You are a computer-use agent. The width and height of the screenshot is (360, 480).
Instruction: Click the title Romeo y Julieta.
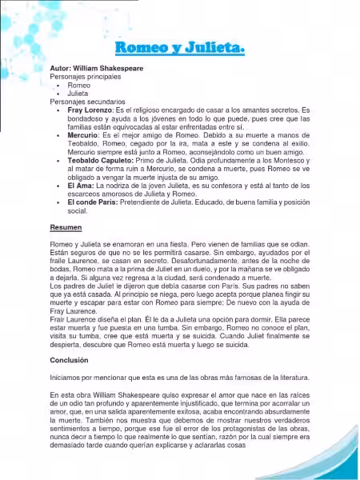coord(179,50)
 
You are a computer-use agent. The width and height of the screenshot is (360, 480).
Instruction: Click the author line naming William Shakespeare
coord(97,69)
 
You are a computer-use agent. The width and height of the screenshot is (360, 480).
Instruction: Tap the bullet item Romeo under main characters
coord(79,85)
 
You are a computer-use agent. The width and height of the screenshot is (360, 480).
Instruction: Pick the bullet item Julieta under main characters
coord(78,94)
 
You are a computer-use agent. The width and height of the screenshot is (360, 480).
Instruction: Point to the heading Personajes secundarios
coord(87,102)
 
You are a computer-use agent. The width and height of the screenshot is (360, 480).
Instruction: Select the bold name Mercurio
coord(83,136)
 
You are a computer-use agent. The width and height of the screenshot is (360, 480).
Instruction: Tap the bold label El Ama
coord(80,186)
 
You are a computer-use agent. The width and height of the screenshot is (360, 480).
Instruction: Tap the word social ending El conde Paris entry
coord(78,211)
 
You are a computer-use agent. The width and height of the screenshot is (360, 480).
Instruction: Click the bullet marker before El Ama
coord(58,186)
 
